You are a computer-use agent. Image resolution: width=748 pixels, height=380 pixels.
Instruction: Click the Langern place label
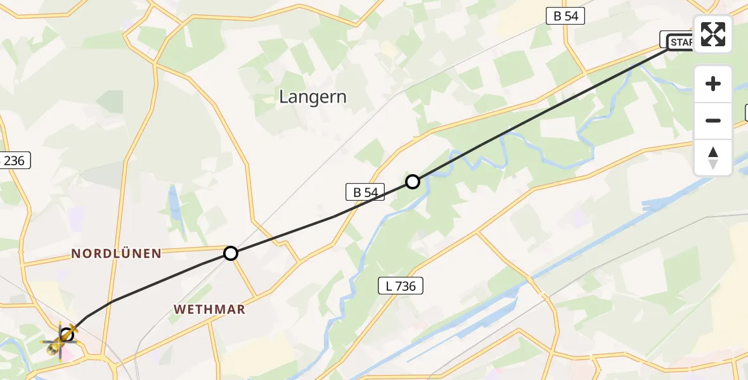coord(313,97)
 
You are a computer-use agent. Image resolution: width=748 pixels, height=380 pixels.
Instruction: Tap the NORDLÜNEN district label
coord(116,253)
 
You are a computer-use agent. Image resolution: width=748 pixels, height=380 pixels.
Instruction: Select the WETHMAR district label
coord(209,309)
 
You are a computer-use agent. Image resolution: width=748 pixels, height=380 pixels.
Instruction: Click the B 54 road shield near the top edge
coord(565,16)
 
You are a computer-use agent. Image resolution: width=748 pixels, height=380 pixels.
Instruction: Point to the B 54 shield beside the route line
coord(365,192)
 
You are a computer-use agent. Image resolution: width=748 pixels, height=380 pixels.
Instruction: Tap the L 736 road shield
coord(401,286)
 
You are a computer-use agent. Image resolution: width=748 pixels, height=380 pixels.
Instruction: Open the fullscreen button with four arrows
coord(713,34)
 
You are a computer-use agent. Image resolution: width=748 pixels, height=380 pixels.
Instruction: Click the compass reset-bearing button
coord(713,157)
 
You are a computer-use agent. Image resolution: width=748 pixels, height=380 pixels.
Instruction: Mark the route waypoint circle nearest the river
coord(413,182)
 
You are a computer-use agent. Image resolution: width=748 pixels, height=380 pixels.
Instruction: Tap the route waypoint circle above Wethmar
coord(231,253)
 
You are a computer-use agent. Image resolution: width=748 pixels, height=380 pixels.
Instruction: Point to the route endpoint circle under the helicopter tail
coord(67,334)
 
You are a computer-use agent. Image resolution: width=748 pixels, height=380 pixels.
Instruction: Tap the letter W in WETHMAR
coord(180,309)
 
